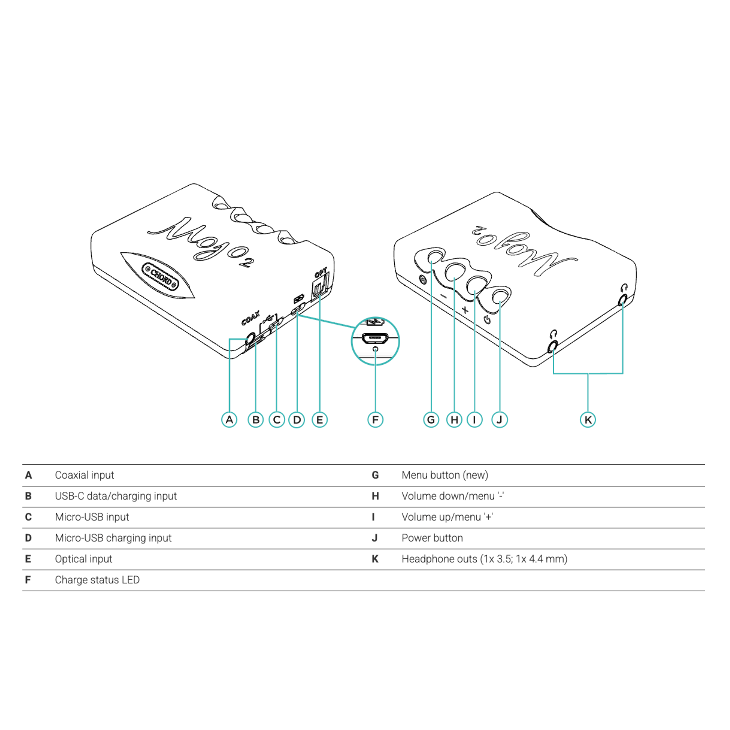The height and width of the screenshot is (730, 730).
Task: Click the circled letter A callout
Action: click(229, 419)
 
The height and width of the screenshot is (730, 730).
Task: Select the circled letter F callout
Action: click(375, 419)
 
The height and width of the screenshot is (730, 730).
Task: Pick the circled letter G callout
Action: click(431, 419)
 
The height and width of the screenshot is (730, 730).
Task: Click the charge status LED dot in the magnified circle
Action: click(375, 348)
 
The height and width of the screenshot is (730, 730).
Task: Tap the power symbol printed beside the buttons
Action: click(487, 320)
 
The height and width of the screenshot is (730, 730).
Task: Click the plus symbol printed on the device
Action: click(465, 310)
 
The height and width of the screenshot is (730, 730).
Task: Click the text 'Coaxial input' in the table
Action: click(84, 475)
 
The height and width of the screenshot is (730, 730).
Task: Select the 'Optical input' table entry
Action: click(84, 559)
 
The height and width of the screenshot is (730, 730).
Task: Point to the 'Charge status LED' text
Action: click(97, 580)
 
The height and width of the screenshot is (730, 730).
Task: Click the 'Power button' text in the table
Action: click(432, 538)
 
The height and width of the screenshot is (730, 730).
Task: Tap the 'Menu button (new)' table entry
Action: click(445, 475)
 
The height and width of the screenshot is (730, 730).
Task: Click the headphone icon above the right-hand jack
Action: click(624, 288)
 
